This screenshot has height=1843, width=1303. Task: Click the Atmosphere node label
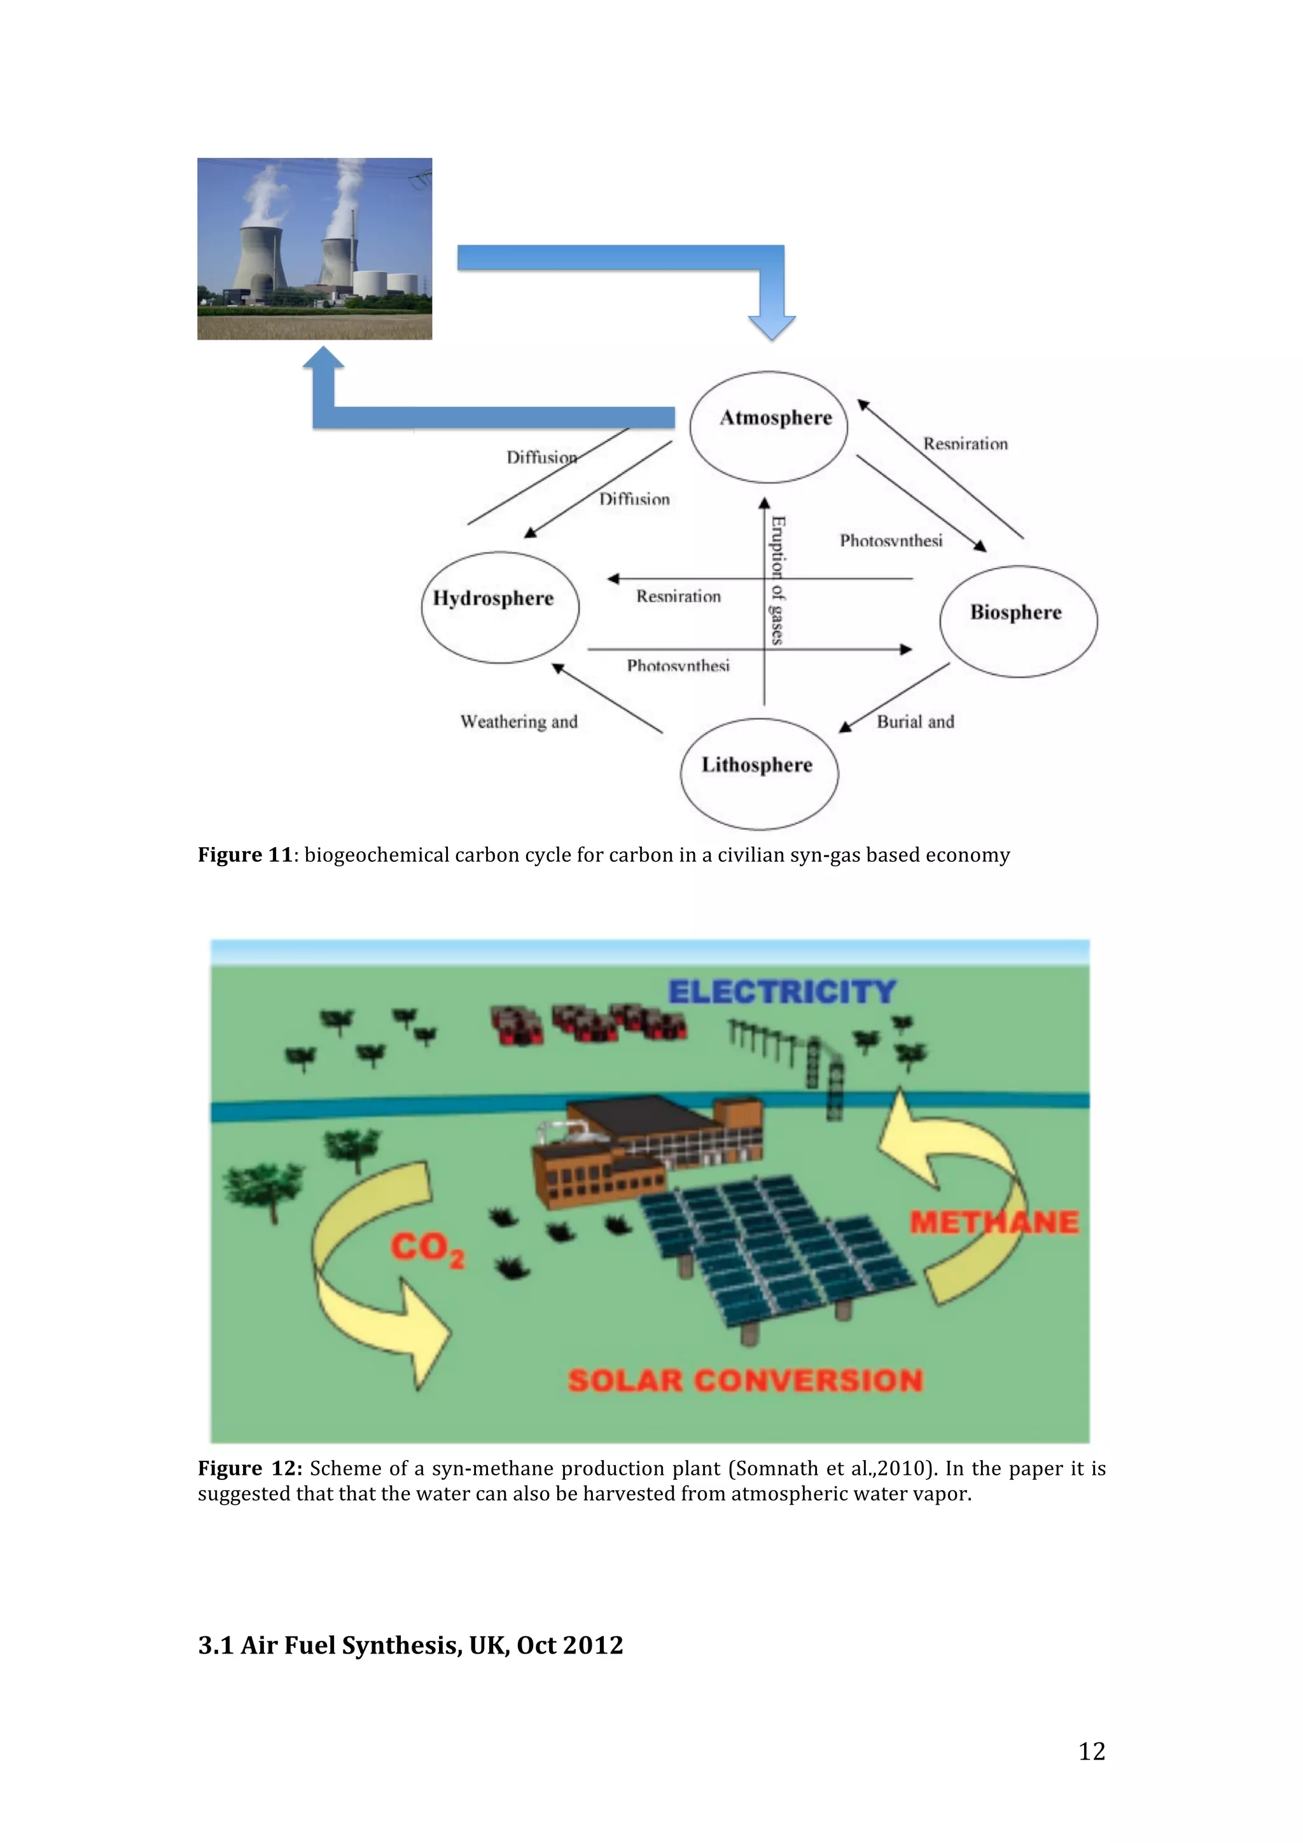click(776, 418)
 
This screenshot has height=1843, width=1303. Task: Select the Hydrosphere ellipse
click(499, 607)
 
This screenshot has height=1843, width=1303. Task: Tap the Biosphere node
click(1017, 621)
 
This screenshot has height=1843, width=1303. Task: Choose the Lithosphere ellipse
click(758, 773)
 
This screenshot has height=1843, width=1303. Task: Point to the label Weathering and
click(519, 722)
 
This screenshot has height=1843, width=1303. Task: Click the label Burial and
click(916, 722)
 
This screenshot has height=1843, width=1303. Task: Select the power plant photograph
click(315, 249)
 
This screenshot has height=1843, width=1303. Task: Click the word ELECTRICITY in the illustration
click(782, 992)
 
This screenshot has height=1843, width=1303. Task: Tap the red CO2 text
click(426, 1249)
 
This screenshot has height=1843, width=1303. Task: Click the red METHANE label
click(994, 1222)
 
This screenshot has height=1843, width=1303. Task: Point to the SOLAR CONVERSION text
click(745, 1381)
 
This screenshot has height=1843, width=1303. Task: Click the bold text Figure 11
click(245, 855)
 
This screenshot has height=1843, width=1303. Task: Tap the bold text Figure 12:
click(249, 1468)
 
